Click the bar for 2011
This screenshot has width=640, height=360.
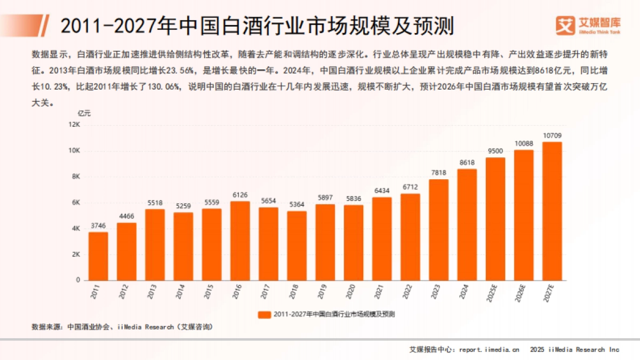pos(98,256)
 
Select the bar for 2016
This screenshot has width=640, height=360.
pos(240,241)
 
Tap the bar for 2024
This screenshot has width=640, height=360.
pos(467,225)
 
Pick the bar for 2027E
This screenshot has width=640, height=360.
pos(552,211)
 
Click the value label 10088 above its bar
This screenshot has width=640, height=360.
pos(523,143)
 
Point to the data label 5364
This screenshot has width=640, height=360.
pos(297,204)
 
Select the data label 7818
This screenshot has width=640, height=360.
pos(438,172)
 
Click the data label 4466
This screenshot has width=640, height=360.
pos(126,216)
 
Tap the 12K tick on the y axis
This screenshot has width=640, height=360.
pos(74,125)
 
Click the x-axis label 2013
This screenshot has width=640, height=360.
pos(152,292)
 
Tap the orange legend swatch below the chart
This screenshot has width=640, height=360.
pos(264,315)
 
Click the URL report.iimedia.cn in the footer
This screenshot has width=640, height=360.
pos(489,350)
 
